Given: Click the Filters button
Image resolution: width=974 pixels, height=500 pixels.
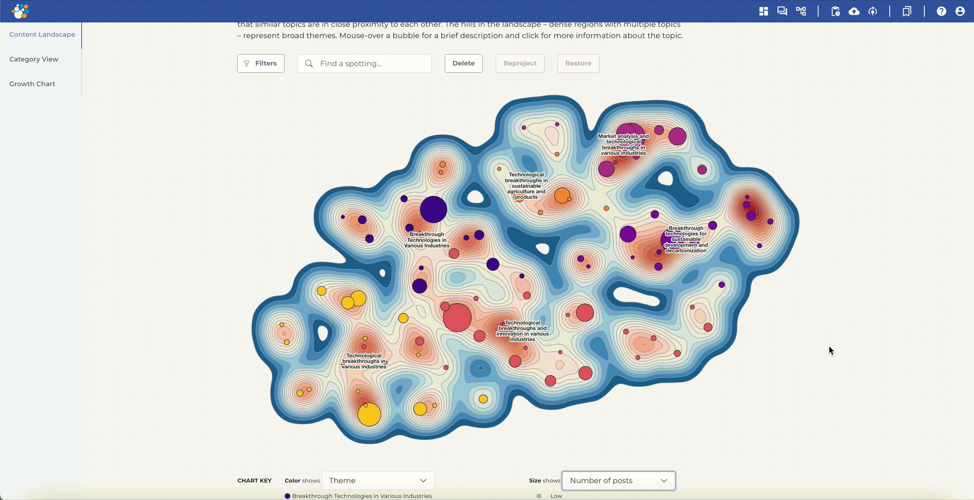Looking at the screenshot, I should pos(261,63).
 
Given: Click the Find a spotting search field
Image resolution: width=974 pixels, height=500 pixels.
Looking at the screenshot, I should pos(371,63).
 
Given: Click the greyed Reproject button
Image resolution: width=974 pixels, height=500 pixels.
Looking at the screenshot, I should pos(520,63).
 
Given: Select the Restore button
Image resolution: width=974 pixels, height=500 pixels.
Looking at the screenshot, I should pos(578,63).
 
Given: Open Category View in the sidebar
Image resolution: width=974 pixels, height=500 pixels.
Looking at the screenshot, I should pos(34,59).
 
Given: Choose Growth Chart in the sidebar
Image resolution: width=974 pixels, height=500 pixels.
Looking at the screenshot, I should pos(32,84).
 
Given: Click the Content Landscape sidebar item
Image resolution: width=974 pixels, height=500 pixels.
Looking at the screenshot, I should pos(42,34).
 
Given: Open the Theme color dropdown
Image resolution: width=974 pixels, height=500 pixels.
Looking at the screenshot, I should pos(378,480).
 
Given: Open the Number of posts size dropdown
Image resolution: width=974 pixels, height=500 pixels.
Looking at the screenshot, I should pos(618,480).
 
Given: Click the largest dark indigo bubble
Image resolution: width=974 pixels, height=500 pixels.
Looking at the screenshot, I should pos(433,209).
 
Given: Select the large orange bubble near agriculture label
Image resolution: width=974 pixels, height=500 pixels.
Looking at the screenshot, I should pos(562,195).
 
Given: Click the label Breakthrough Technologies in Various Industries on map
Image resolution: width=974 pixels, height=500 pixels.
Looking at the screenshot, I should pos(426,240).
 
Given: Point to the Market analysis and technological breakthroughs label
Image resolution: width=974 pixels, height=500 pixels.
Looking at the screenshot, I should pos(623,144).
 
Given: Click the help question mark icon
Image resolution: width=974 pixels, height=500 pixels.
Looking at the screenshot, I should pos(941,11).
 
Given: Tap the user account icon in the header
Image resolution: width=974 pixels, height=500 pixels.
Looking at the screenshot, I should pos(960,11).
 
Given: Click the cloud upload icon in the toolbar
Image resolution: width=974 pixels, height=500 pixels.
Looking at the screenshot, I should pos(854,11).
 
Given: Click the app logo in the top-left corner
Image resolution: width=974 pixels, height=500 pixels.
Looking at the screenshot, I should pos(20,11).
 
